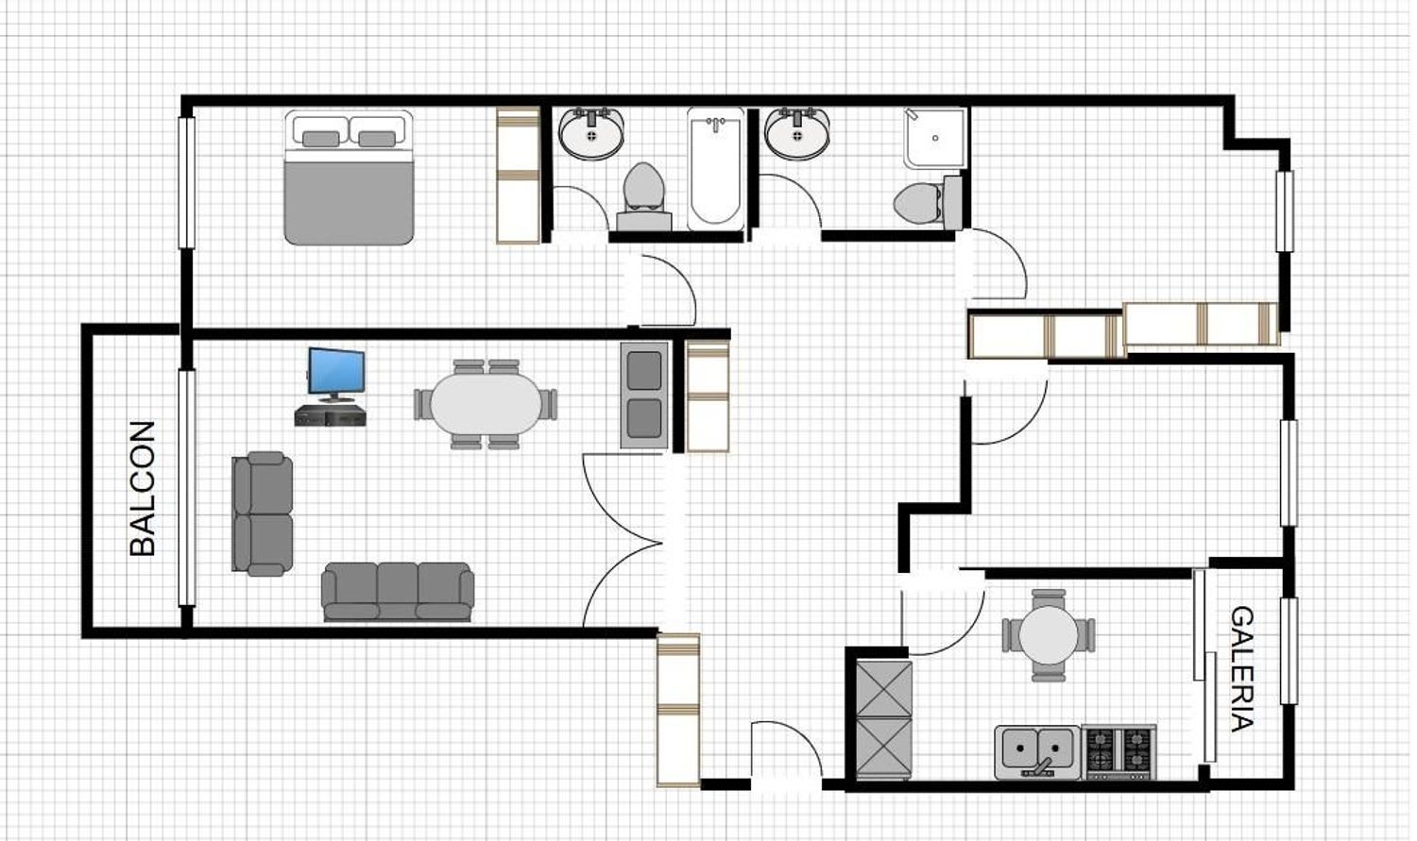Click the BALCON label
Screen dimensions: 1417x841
pyautogui.click(x=143, y=488)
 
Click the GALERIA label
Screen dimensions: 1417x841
pyautogui.click(x=1242, y=668)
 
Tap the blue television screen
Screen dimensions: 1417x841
pyautogui.click(x=336, y=371)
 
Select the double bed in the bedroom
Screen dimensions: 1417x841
pyautogui.click(x=350, y=177)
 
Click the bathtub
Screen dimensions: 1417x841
pyautogui.click(x=715, y=169)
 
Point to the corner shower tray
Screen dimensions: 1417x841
pyautogui.click(x=935, y=139)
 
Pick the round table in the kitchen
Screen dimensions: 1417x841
pyautogui.click(x=1049, y=635)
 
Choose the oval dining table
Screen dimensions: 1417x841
pyautogui.click(x=486, y=404)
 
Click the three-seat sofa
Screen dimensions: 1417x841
pyautogui.click(x=398, y=592)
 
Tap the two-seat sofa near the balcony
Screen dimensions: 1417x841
pyautogui.click(x=263, y=513)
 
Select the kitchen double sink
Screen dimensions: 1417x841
pyautogui.click(x=1037, y=752)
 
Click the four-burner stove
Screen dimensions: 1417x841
pyautogui.click(x=1118, y=752)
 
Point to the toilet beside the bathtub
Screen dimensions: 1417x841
pyautogui.click(x=644, y=196)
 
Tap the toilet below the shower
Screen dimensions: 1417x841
pyautogui.click(x=928, y=203)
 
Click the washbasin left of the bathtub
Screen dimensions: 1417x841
pyautogui.click(x=591, y=133)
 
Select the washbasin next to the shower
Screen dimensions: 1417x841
pyautogui.click(x=797, y=133)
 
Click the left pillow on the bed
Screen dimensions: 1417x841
pyautogui.click(x=321, y=139)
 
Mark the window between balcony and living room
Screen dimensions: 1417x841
pyautogui.click(x=187, y=488)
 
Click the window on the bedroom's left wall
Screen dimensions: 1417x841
pyautogui.click(x=187, y=182)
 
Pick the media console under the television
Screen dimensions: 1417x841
pyautogui.click(x=331, y=415)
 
